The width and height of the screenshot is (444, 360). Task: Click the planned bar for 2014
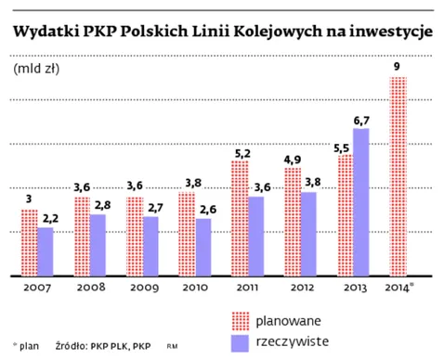398,175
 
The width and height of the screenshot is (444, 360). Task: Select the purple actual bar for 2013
361,201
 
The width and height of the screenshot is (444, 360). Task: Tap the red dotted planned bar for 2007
29,242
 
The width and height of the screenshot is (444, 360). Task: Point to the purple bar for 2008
98,245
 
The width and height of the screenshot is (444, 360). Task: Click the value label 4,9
292,158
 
